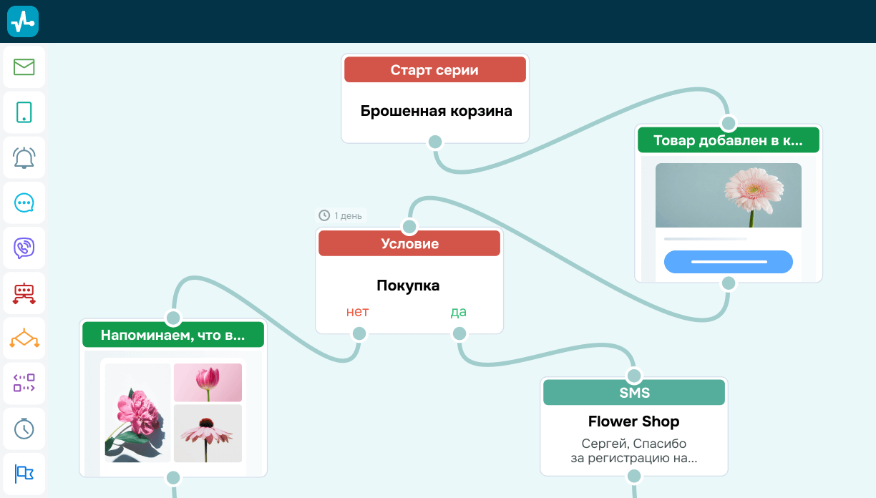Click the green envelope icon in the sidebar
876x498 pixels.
(x=24, y=67)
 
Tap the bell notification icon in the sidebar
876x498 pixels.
(x=24, y=157)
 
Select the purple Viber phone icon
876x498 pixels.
(x=24, y=248)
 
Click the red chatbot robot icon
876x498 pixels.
(x=24, y=293)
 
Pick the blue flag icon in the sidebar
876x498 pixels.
(x=24, y=473)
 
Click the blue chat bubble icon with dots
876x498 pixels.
(x=24, y=202)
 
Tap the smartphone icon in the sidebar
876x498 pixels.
(x=24, y=112)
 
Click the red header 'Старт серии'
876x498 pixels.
(x=434, y=70)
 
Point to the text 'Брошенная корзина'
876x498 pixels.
(x=436, y=112)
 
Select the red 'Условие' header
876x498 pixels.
(x=409, y=243)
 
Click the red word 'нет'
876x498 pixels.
(x=357, y=312)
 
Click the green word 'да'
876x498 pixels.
(x=458, y=312)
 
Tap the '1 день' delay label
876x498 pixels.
(x=341, y=215)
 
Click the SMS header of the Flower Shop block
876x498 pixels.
(x=634, y=393)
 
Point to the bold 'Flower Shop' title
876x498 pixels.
(x=633, y=421)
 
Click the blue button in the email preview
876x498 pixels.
(x=728, y=262)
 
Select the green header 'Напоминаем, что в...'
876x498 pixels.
(x=173, y=335)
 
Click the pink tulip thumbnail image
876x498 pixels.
(x=208, y=382)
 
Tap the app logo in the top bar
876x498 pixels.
(x=23, y=21)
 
